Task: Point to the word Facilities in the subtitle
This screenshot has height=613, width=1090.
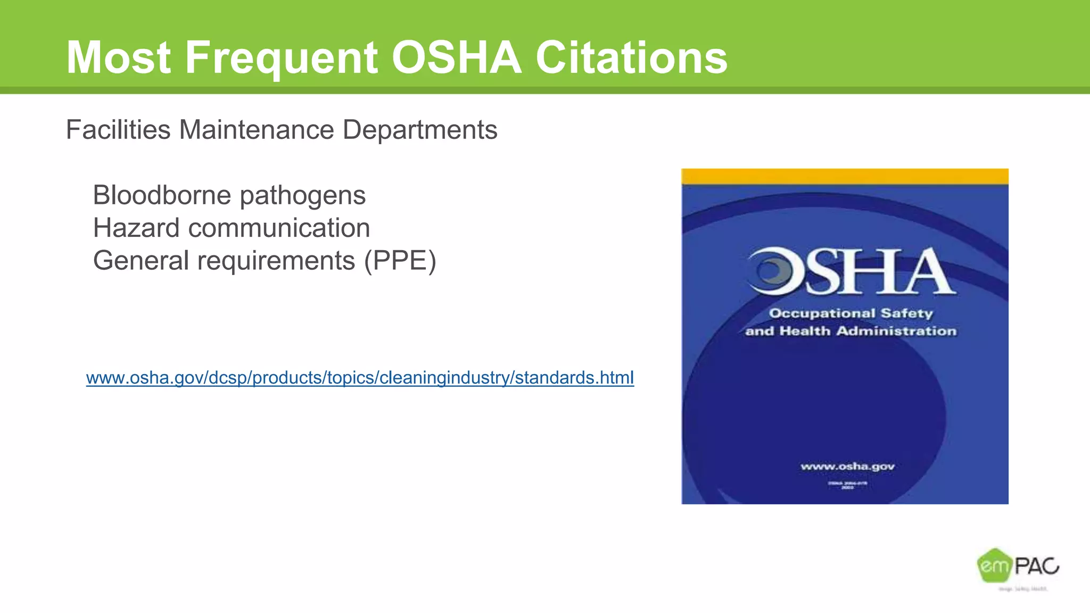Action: (x=118, y=130)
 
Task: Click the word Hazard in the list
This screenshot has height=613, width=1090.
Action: (x=136, y=228)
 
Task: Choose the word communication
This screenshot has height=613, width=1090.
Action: (x=279, y=228)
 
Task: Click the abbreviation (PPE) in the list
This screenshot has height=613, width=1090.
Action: (x=400, y=261)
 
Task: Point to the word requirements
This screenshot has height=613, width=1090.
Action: (x=276, y=261)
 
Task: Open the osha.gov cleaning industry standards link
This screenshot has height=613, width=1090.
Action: (x=360, y=378)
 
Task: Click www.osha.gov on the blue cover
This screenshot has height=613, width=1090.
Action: (x=847, y=467)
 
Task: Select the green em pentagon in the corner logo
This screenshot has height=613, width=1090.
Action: (x=993, y=566)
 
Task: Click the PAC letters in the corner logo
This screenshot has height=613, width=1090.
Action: (x=1036, y=566)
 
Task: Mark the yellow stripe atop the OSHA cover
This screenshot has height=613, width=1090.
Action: (x=845, y=176)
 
